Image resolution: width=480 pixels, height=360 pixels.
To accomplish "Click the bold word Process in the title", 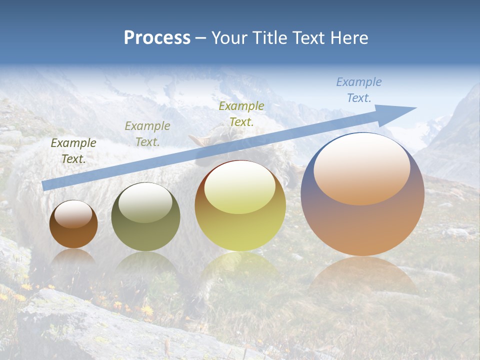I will point(157,38).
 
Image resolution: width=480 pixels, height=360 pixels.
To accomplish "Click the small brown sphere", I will point(73,224).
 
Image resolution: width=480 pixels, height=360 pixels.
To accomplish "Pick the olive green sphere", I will point(145,217).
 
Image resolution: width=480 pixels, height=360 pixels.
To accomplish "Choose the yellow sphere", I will point(240,206).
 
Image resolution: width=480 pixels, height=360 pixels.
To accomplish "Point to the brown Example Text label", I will point(73,150).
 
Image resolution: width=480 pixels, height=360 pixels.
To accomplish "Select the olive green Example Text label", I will point(147,133).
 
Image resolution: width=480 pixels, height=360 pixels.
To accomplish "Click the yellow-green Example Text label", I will point(241,113).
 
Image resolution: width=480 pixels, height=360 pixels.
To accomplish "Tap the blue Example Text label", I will point(359,90).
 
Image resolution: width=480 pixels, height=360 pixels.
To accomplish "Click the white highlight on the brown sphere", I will point(73,214).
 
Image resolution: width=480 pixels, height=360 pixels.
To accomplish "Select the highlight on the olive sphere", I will point(145,202).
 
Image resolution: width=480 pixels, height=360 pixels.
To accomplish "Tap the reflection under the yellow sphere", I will point(240,265).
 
